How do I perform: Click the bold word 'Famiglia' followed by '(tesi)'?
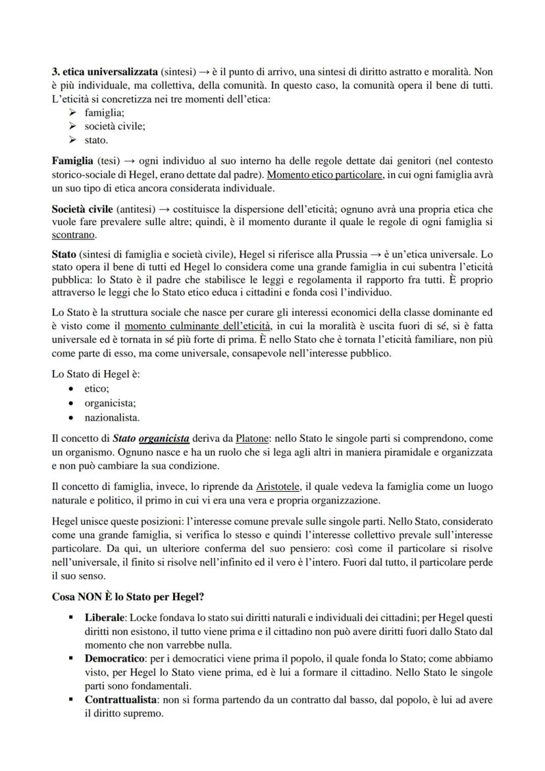coord(72,161)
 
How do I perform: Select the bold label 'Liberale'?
coord(105,618)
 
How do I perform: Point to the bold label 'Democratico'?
coord(113,658)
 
